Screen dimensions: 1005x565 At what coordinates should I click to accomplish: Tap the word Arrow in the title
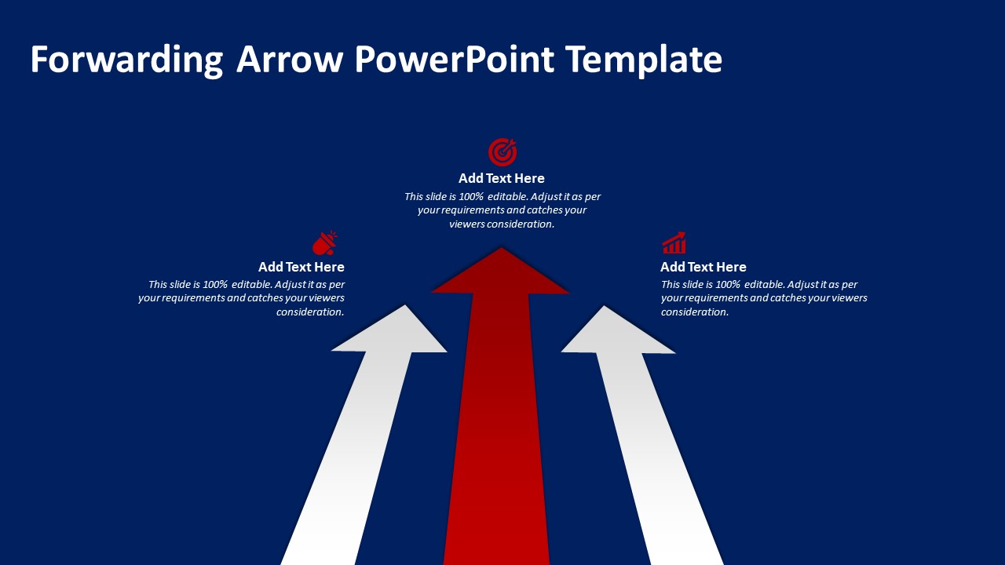coord(290,59)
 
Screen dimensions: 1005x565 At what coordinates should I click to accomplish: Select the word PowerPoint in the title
coord(454,59)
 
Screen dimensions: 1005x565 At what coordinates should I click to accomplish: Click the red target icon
coord(502,152)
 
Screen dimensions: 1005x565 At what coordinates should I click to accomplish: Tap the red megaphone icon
coord(325,243)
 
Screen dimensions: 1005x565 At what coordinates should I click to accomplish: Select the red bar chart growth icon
coord(674,242)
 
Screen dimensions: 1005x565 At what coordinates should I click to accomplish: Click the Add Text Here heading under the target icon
coord(501,178)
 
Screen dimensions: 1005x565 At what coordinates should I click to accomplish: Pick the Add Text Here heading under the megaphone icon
coord(301,267)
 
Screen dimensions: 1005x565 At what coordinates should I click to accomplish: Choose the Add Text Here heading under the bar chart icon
coord(703,267)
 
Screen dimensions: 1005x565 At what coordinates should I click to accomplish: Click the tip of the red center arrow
coord(501,247)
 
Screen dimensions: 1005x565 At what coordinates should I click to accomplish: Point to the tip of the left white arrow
coord(405,305)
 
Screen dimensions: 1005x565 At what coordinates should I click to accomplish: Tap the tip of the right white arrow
coord(605,306)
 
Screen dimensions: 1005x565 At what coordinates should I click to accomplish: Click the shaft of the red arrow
coord(499,428)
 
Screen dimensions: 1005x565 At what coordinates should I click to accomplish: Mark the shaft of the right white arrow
coord(657,457)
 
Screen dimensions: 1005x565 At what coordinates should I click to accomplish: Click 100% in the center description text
coord(470,196)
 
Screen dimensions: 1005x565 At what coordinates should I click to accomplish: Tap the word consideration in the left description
coord(310,312)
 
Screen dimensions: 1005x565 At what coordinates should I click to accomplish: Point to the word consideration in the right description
coord(695,312)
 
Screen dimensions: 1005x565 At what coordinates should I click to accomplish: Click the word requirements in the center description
coord(470,210)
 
